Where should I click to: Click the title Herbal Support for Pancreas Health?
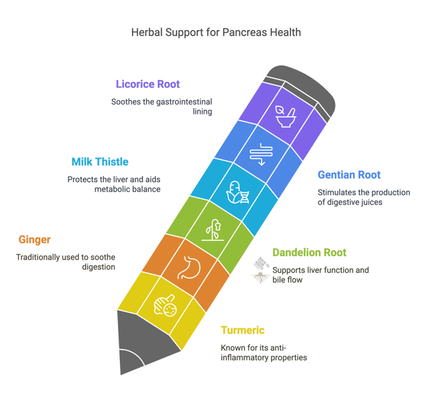(217, 31)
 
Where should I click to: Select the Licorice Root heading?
(147, 85)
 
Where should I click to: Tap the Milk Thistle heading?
(100, 162)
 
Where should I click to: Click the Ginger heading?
(35, 240)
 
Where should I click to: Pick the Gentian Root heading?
(349, 175)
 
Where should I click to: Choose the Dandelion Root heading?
(309, 253)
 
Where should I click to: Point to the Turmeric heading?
(242, 330)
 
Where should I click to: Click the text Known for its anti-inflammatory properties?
(264, 353)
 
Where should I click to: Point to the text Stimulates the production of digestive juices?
(363, 197)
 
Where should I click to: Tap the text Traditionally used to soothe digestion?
(65, 262)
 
